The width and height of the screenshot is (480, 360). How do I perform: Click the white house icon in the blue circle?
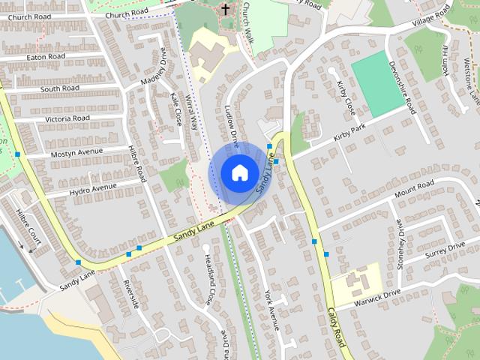tap(238, 172)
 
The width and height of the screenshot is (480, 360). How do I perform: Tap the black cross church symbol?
tap(225, 9)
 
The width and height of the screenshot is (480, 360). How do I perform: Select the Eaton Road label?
tap(46, 56)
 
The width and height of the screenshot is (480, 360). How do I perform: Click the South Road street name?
tap(60, 88)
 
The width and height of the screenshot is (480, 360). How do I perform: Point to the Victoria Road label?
tap(67, 118)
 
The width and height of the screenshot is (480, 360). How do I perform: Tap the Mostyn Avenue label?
tap(76, 152)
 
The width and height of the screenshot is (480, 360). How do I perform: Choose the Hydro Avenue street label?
tap(93, 186)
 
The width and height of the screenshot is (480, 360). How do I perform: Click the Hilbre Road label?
tap(136, 163)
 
